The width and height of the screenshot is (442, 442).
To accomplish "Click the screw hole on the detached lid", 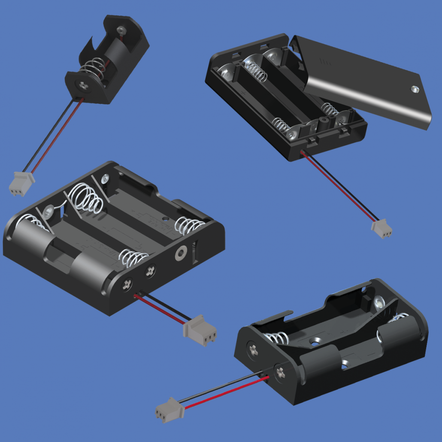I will [x=414, y=89].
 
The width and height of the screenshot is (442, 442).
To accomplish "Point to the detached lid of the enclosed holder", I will [x=365, y=82].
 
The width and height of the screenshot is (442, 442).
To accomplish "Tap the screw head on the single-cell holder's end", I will [x=82, y=85].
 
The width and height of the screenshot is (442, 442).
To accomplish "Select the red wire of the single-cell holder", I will [x=56, y=135].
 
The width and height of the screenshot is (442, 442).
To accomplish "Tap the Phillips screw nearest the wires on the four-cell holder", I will [x=127, y=284].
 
